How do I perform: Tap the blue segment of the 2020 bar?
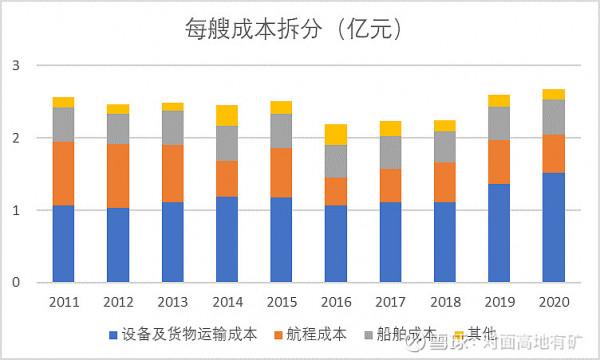(x=552, y=228)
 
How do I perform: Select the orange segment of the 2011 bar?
(x=64, y=173)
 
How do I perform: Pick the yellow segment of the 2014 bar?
(x=227, y=115)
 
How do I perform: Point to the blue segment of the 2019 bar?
(x=498, y=233)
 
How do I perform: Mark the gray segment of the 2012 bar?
(x=118, y=129)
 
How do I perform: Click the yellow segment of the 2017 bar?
(x=390, y=128)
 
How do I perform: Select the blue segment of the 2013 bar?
(x=172, y=242)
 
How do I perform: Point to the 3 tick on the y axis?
(x=16, y=66)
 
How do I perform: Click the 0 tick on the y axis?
(x=16, y=283)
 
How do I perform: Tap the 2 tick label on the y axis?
(x=16, y=139)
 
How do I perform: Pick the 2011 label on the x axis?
(x=64, y=301)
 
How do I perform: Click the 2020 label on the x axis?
(x=552, y=301)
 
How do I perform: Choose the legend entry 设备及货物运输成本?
(x=180, y=335)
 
